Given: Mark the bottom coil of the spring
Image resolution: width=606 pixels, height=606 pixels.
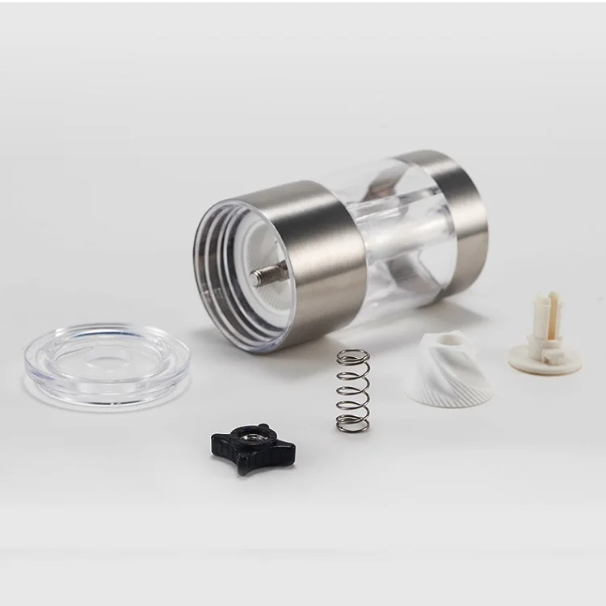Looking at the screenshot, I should point(351,421).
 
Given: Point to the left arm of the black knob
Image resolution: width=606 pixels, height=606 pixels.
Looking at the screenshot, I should point(216,444).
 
